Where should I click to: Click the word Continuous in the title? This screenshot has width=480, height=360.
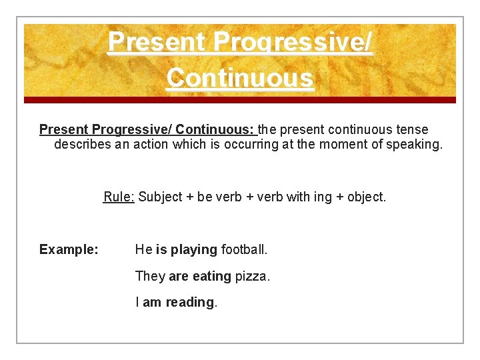239,78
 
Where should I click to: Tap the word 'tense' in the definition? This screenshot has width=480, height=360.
413,129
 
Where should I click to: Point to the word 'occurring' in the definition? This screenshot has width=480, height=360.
247,144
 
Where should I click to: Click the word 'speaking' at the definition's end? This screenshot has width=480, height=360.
415,144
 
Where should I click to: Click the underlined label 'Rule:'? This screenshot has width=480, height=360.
119,197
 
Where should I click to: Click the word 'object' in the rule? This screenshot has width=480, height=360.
365,197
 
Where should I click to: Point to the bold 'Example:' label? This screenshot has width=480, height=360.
69,250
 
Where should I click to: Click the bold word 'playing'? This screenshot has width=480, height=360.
194,250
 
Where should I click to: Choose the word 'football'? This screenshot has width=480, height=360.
244,250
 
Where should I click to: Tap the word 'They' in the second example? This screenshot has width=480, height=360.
150,276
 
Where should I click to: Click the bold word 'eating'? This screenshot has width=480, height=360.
211,276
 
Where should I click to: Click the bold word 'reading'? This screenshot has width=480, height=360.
190,303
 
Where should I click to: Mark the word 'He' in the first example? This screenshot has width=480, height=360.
143,250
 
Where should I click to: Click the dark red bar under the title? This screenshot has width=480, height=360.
240,100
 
